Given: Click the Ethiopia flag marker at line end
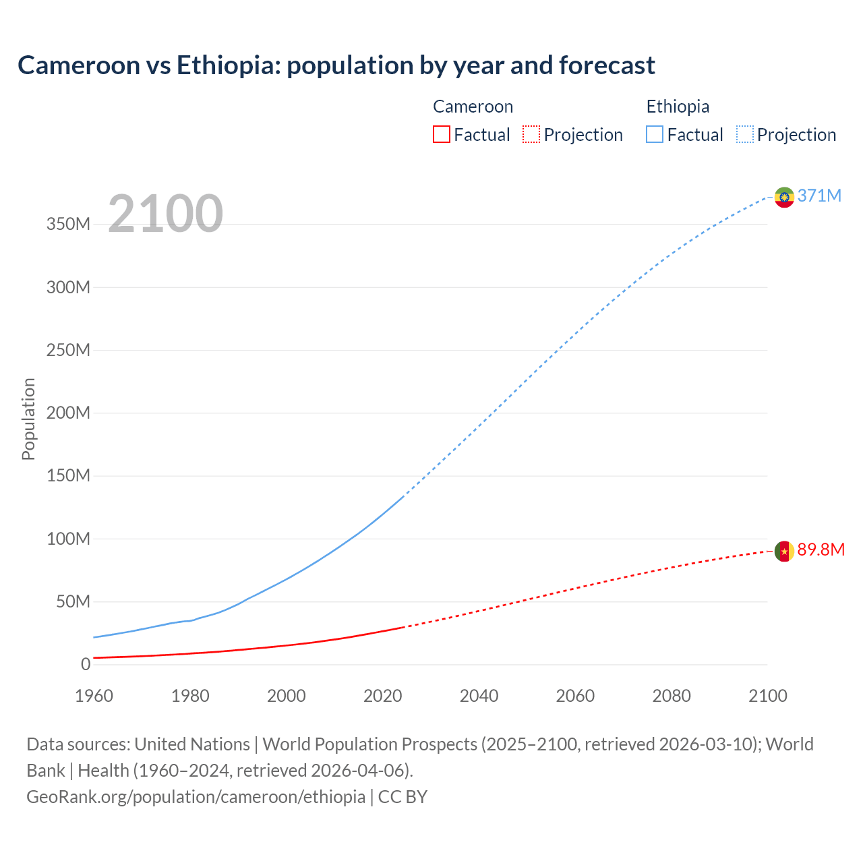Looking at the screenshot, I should click(784, 197).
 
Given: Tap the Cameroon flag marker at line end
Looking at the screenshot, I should click(784, 551).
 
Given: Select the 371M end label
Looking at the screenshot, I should click(819, 196).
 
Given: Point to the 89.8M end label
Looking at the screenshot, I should click(821, 549).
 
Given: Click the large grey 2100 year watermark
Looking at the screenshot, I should click(165, 214).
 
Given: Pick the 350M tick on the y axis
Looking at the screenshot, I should click(68, 225).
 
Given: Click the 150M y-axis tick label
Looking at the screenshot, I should click(68, 476).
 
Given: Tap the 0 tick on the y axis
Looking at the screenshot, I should click(86, 664).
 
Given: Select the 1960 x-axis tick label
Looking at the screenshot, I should click(94, 696).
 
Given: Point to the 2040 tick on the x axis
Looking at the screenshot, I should click(479, 696).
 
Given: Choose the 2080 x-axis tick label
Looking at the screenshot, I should click(672, 696).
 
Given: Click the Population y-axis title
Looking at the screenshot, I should click(28, 419).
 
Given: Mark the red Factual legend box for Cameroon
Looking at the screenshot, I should click(441, 134).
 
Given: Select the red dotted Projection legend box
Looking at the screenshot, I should click(531, 134).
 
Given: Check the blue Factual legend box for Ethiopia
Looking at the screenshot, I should click(655, 134).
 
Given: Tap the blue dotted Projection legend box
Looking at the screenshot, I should click(745, 134).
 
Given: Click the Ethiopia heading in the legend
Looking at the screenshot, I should click(678, 107).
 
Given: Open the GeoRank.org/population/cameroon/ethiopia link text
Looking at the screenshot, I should click(196, 797).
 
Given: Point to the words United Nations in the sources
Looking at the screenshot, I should click(192, 744).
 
